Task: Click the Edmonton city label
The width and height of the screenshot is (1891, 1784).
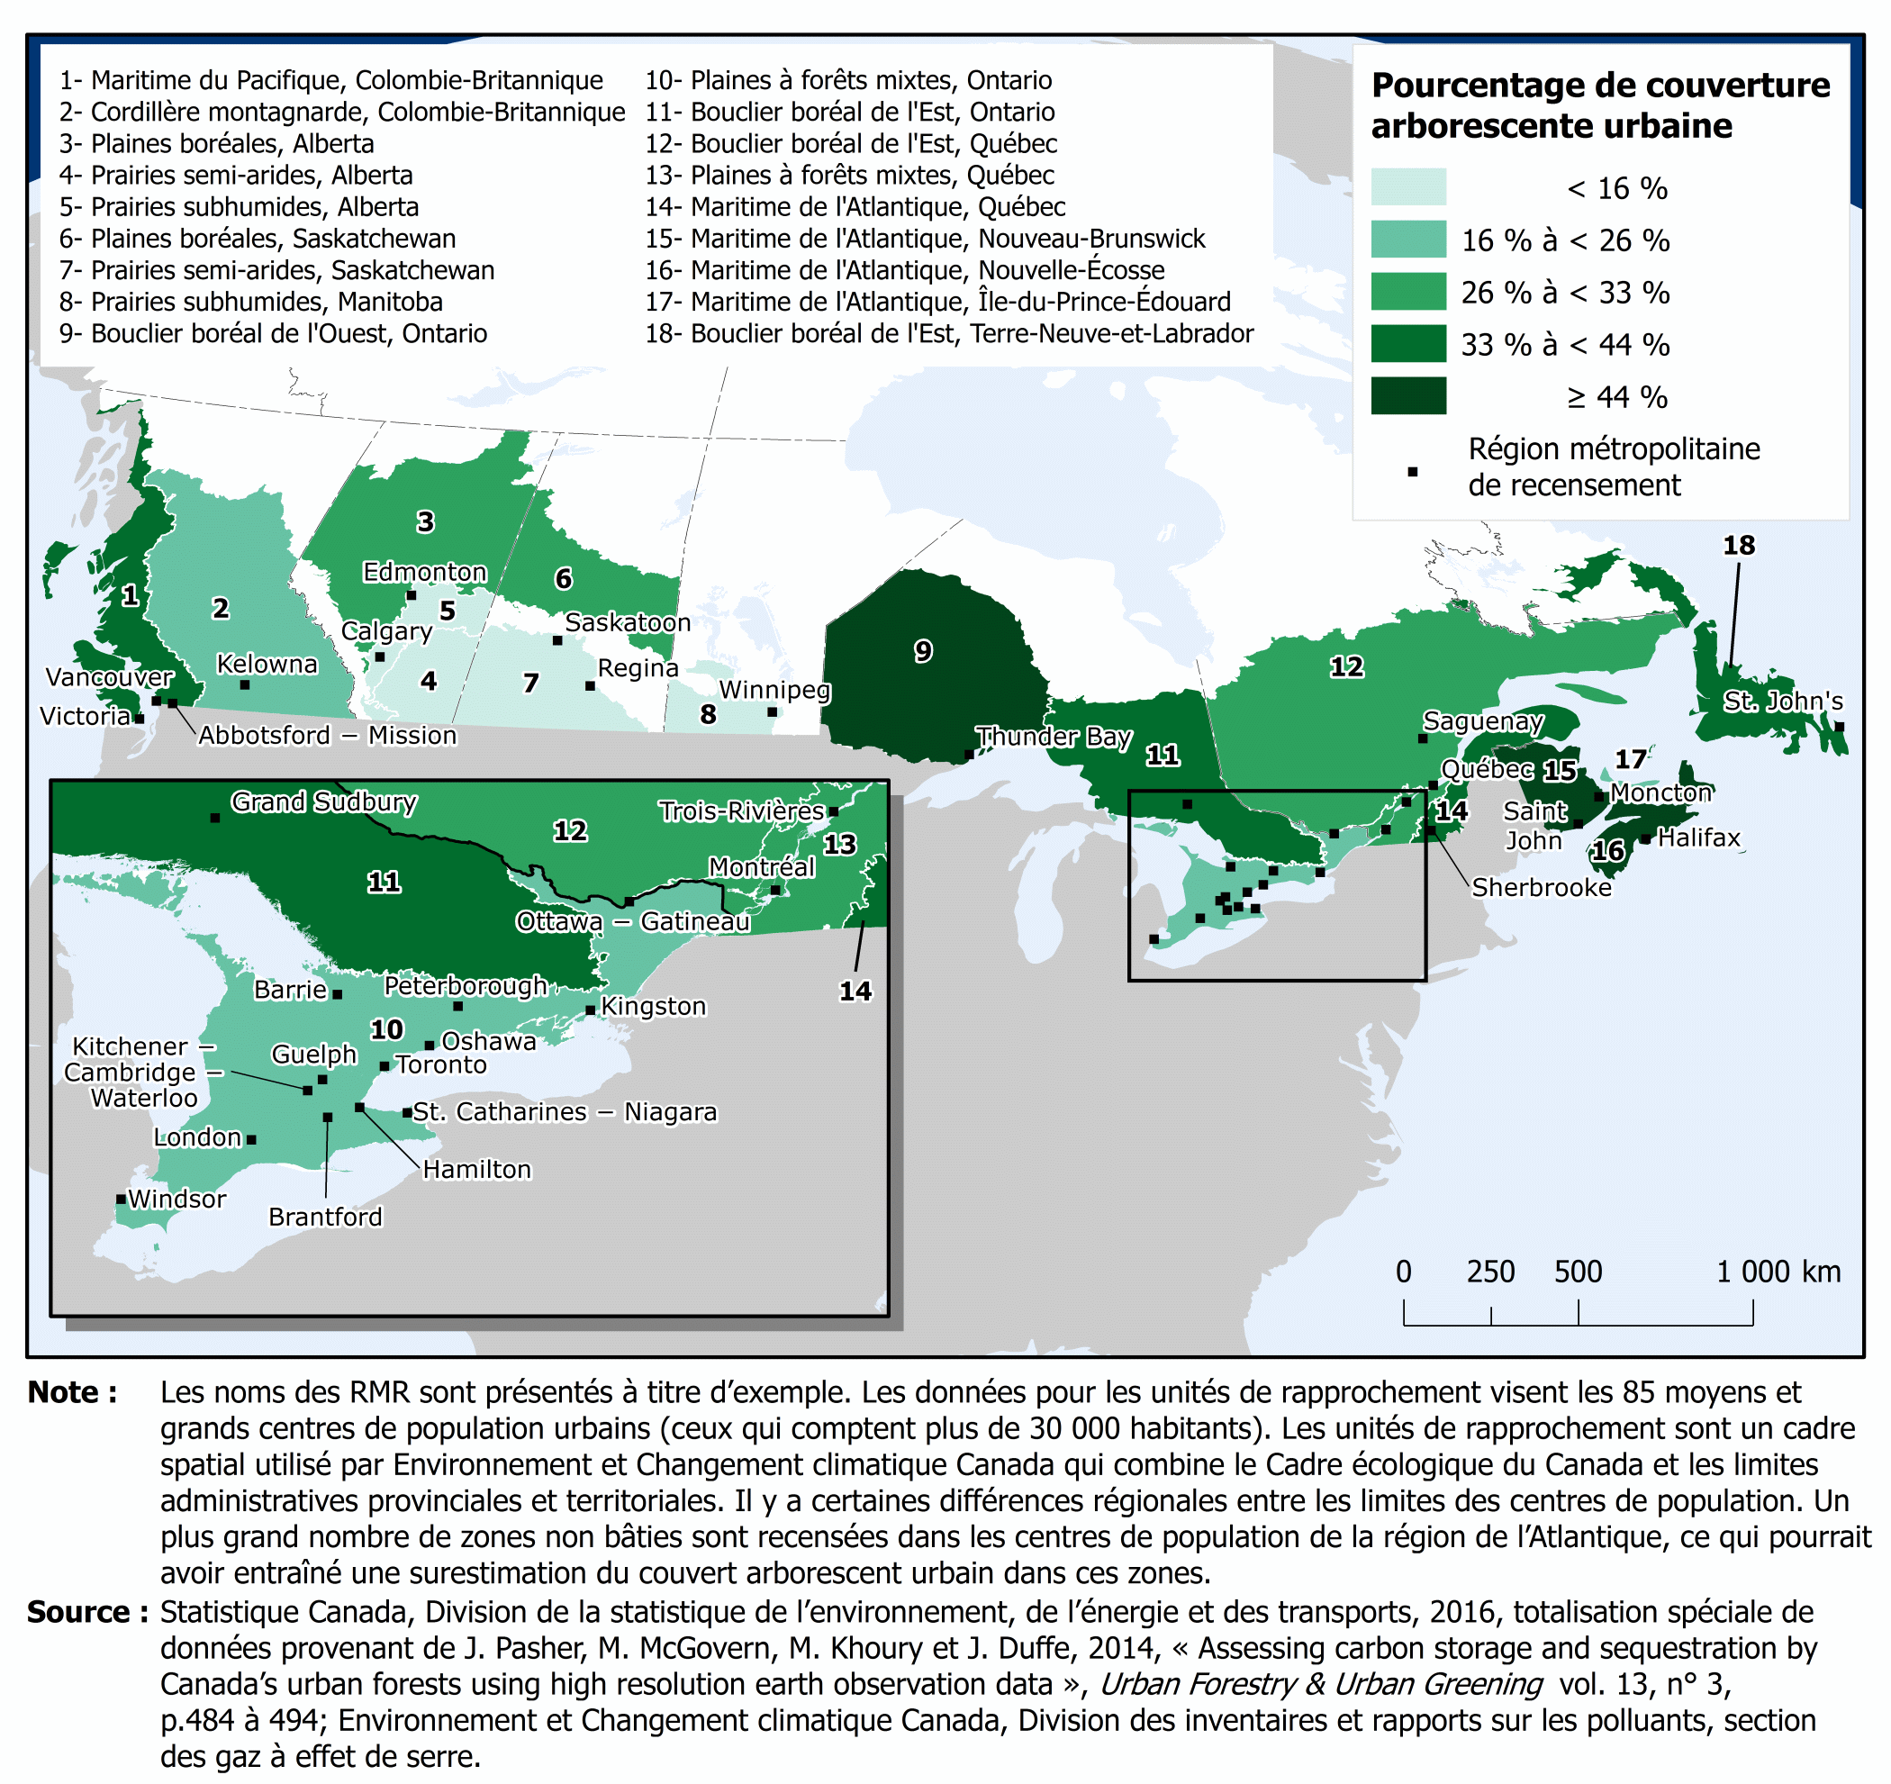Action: (424, 572)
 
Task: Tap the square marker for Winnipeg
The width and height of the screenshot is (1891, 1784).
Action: (773, 711)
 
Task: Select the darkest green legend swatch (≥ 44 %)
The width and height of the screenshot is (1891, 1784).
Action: (1407, 396)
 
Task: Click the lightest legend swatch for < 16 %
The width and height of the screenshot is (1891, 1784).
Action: (1407, 186)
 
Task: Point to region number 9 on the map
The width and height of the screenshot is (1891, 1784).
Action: (923, 652)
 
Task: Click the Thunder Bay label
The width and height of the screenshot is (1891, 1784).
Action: (1054, 737)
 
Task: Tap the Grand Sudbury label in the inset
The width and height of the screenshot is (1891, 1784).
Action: (324, 802)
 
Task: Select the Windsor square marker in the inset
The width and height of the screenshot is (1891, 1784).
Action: (121, 1199)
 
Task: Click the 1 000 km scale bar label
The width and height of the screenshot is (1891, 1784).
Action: (1777, 1272)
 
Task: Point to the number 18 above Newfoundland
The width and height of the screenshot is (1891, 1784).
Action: (1739, 545)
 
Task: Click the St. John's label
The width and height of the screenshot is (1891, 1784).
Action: (1783, 702)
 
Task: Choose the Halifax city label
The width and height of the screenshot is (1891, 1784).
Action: (1699, 838)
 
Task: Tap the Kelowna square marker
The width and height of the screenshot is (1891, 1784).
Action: (244, 684)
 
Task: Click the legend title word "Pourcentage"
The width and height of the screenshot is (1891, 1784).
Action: (1484, 86)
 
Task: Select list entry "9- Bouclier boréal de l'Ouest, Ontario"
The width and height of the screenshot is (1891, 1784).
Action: (273, 334)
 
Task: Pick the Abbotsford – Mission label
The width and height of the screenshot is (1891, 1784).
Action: (327, 736)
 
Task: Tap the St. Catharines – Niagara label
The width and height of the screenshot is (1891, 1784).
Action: (565, 1111)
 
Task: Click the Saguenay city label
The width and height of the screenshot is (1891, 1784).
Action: (1482, 721)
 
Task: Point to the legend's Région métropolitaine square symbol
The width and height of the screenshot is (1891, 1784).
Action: (1413, 472)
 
